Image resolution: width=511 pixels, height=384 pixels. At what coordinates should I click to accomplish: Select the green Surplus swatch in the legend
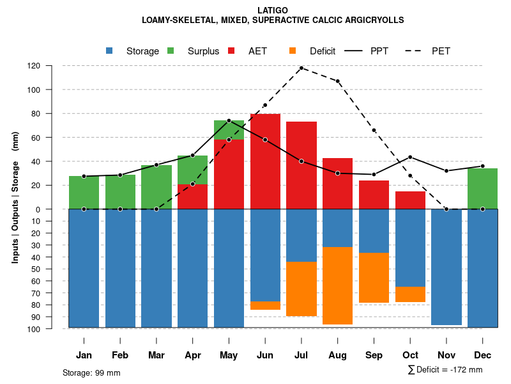171,51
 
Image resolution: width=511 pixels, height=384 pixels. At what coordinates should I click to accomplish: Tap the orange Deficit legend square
293,51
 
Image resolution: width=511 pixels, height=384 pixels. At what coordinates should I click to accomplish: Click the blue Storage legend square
109,51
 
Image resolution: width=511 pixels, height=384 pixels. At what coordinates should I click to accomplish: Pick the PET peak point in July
301,68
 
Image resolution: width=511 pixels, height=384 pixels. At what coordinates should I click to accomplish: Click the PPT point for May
229,120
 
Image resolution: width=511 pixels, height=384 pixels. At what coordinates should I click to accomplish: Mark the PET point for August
337,81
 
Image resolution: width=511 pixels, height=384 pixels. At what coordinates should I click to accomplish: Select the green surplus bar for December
482,188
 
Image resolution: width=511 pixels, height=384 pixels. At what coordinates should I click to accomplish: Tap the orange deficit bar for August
337,285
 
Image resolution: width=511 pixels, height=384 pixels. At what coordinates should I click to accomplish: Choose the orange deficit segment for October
410,294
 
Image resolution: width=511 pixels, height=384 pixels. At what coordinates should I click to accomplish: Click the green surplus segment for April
192,170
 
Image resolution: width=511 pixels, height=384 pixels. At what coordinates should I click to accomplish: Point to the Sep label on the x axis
374,355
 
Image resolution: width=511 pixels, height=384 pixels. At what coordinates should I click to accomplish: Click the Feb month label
120,355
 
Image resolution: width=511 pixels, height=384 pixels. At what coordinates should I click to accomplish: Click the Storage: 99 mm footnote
91,372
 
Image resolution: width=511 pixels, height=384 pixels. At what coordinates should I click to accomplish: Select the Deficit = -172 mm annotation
446,370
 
